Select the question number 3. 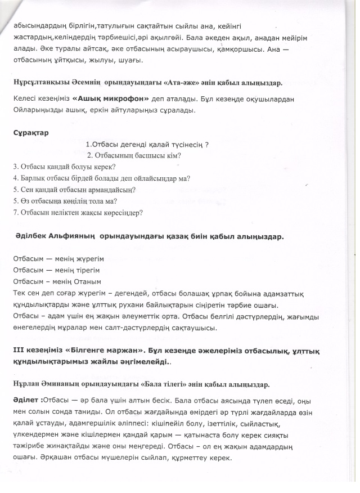15,167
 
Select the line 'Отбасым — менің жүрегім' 58,259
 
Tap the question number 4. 15,178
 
